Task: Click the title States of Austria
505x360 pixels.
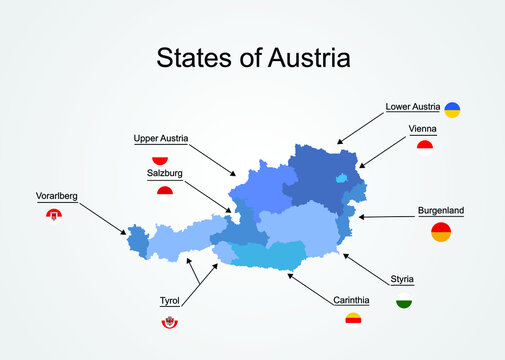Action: [x=253, y=58]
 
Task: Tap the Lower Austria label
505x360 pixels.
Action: [x=412, y=106]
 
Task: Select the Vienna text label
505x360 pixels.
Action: [x=423, y=129]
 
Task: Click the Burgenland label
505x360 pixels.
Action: [x=441, y=211]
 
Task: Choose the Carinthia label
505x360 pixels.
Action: [x=352, y=299]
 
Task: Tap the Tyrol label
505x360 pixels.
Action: [x=170, y=300]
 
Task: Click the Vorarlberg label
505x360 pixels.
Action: [x=56, y=196]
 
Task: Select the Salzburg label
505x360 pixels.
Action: [x=165, y=173]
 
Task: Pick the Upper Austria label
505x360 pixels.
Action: [x=161, y=138]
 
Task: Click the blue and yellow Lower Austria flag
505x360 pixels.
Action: [x=452, y=109]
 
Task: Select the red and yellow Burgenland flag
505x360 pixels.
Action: [x=441, y=232]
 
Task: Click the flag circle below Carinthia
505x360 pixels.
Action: [x=353, y=318]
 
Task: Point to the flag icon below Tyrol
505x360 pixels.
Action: [x=170, y=321]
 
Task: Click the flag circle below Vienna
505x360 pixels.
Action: [x=425, y=147]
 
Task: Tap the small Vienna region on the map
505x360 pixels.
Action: [x=341, y=178]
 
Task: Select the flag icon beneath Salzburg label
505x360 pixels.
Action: [x=165, y=189]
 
